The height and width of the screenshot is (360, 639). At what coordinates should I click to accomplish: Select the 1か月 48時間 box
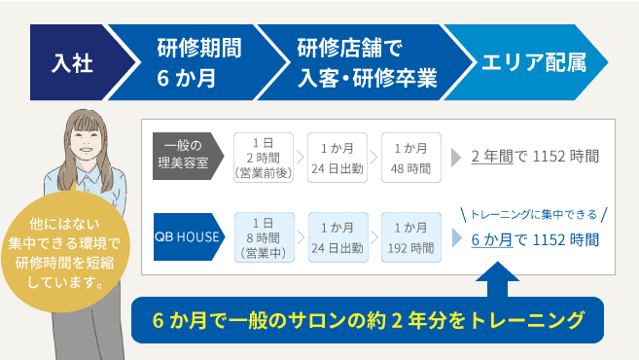[x=410, y=156]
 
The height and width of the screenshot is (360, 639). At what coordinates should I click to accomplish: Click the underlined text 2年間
[x=492, y=156]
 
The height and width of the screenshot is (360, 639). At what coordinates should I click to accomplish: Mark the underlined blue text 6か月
[x=492, y=239]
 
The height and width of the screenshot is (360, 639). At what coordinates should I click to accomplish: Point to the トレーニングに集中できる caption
[x=533, y=214]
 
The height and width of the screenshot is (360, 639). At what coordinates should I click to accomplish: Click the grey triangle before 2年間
[x=456, y=156]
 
